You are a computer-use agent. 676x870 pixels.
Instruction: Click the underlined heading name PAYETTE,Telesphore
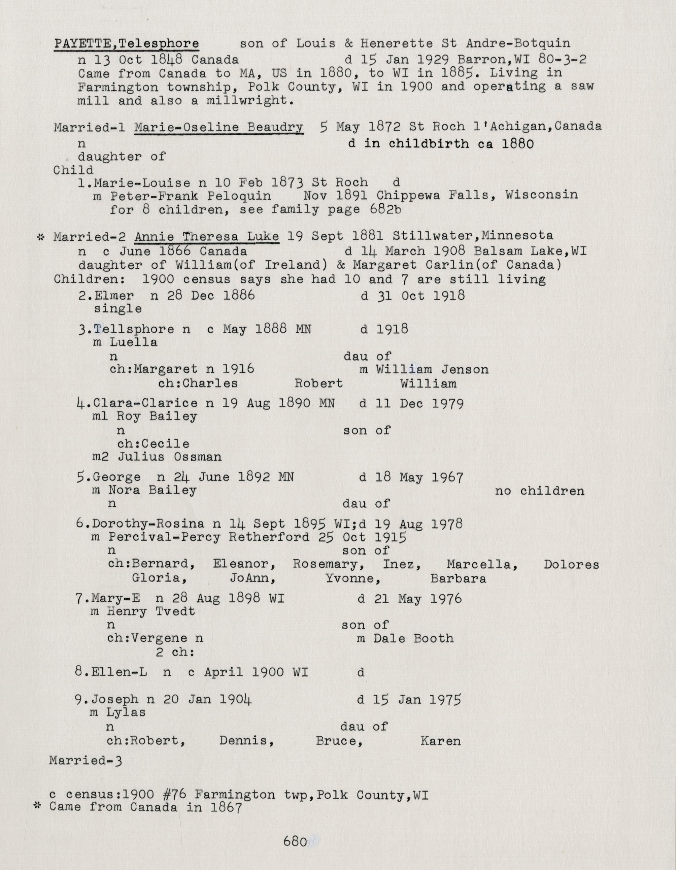(126, 43)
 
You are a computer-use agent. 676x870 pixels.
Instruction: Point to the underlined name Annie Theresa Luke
(206, 237)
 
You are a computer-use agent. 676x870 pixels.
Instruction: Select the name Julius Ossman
(169, 457)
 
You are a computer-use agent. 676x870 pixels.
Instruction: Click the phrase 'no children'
(539, 491)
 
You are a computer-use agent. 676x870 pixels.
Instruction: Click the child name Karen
(440, 741)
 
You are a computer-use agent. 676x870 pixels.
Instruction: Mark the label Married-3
(86, 761)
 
